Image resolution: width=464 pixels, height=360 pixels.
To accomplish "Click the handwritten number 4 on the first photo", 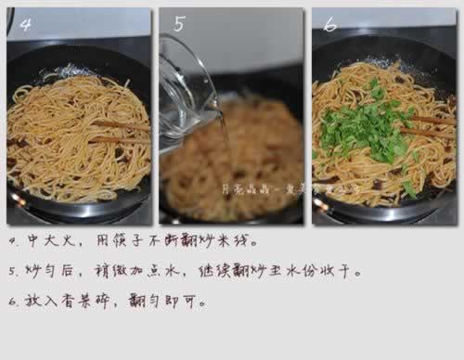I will pos(25,25).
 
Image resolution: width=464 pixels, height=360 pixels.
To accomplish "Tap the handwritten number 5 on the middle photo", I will pos(180,24).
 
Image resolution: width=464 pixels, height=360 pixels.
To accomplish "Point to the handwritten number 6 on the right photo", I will pos(330,25).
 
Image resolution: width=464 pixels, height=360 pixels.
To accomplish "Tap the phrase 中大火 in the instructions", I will pos(57,244).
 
